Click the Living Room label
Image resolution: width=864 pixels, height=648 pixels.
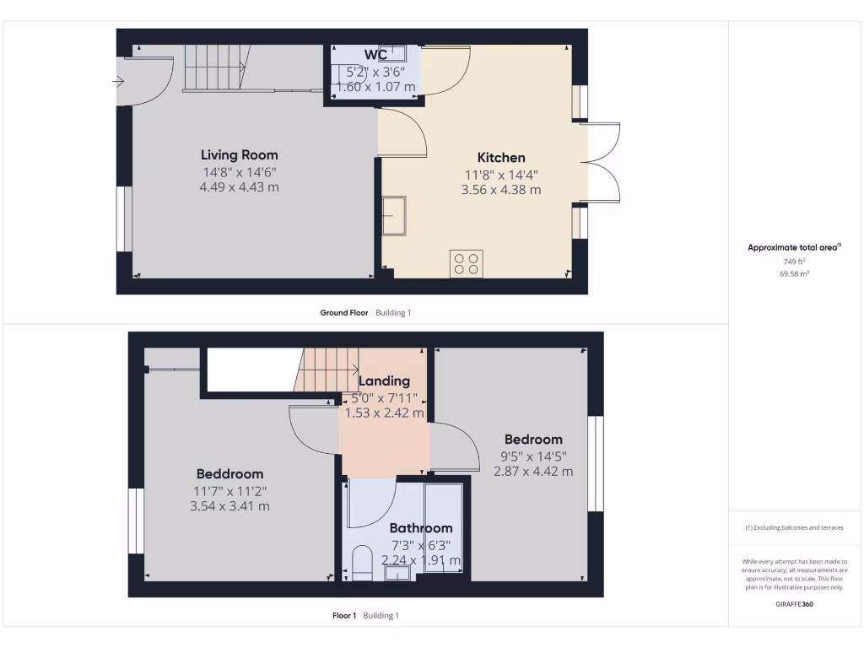point(239,155)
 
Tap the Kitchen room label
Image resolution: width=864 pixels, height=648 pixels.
point(501,158)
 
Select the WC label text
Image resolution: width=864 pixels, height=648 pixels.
point(375,56)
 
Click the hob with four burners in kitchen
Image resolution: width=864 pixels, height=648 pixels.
point(467,262)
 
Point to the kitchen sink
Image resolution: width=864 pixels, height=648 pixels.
point(394,215)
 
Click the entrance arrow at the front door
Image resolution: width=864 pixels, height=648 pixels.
point(119,82)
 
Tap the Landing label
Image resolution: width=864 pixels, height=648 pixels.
point(384,381)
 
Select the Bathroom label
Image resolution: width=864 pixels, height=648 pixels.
point(420,528)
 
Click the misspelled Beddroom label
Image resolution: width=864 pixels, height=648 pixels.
point(229,474)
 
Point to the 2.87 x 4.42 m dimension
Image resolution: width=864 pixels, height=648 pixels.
point(533,472)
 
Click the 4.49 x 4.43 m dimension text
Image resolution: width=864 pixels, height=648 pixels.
point(239,187)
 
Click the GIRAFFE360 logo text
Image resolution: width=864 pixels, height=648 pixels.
point(794,604)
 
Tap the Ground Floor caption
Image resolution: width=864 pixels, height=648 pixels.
point(344,313)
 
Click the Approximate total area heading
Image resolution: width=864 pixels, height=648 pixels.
point(792,248)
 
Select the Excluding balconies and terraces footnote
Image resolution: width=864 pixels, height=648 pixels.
point(794,527)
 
